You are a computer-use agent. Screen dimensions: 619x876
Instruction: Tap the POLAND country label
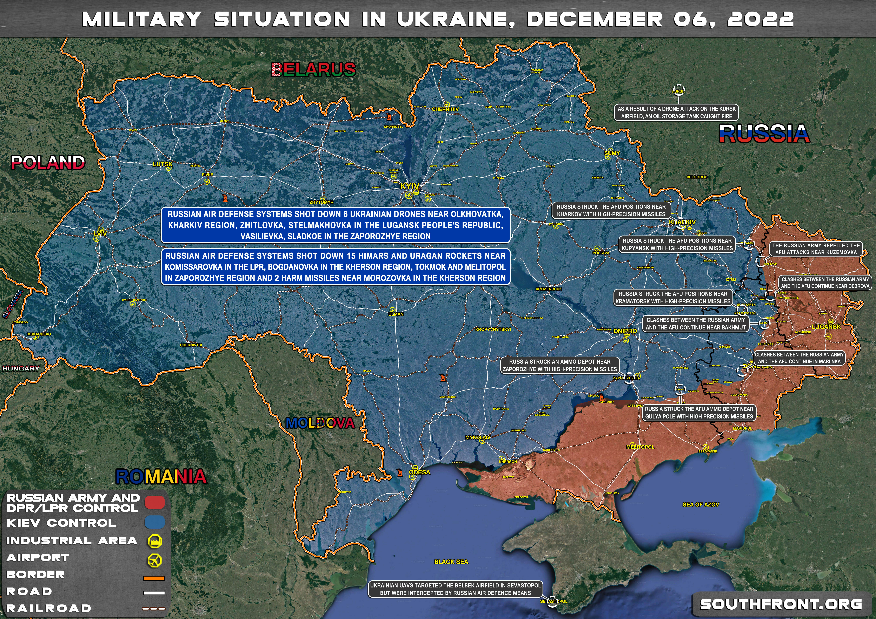click(48, 163)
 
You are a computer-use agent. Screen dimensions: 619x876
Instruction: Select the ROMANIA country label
click(161, 477)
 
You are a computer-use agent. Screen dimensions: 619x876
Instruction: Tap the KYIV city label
click(409, 186)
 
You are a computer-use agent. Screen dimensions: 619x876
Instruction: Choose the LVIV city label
click(100, 233)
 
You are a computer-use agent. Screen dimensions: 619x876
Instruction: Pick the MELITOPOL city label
click(640, 447)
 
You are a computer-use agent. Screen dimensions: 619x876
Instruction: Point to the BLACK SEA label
click(451, 562)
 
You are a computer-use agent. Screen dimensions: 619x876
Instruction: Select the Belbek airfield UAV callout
click(456, 589)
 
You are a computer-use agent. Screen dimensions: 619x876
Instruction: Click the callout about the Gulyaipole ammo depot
click(699, 413)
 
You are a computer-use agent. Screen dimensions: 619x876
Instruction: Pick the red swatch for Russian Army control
click(154, 503)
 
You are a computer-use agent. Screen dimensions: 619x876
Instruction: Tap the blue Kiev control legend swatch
click(154, 523)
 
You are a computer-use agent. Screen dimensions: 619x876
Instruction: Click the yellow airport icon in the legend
click(154, 560)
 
